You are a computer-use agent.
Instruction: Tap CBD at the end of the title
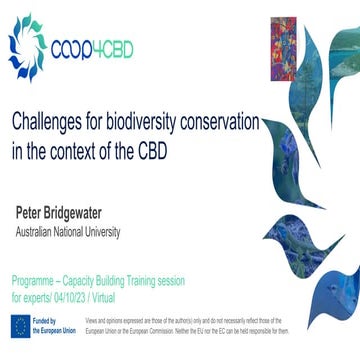[x=172, y=152]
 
